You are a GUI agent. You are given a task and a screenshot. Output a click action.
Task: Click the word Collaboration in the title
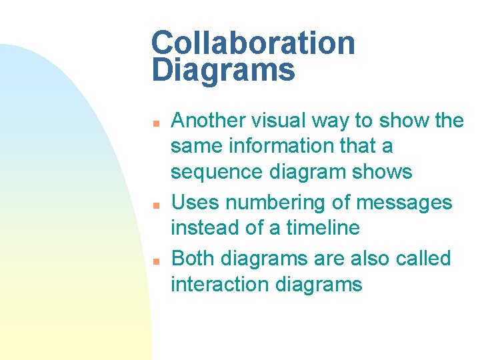point(253,43)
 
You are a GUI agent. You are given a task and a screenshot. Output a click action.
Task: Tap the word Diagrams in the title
point(223,70)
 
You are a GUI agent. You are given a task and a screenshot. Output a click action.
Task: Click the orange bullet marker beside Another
point(154,123)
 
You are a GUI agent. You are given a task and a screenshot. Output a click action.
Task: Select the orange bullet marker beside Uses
point(154,205)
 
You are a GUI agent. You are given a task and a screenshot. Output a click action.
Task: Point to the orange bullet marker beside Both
point(154,261)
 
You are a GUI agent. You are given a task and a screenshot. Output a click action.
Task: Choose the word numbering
point(267,203)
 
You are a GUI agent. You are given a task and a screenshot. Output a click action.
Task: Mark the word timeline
point(323,227)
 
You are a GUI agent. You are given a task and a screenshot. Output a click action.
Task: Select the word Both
point(193,258)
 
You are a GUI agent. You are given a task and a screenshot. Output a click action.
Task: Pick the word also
point(369,258)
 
